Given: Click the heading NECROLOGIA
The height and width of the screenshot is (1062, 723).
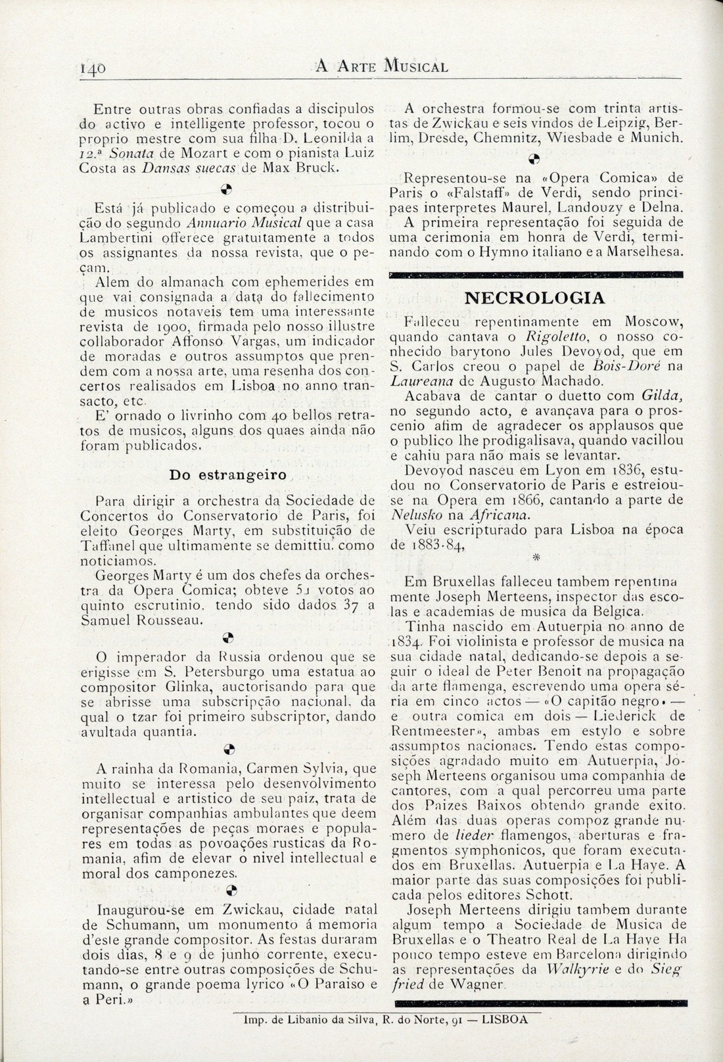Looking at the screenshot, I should click(x=534, y=298).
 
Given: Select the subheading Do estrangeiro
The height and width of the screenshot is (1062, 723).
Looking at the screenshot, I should click(x=227, y=475).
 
